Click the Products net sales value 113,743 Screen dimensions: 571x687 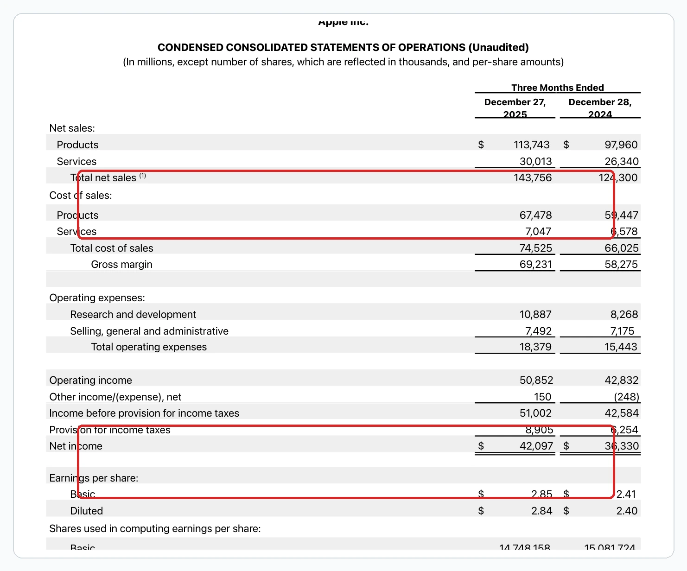pyautogui.click(x=531, y=145)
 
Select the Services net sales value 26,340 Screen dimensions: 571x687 pyautogui.click(x=621, y=161)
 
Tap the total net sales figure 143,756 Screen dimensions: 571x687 pyautogui.click(x=533, y=178)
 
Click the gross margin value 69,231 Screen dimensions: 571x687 pyautogui.click(x=535, y=264)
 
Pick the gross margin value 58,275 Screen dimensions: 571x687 pyautogui.click(x=621, y=264)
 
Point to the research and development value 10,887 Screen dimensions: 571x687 pyautogui.click(x=535, y=314)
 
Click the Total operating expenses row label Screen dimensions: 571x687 pyautogui.click(x=149, y=347)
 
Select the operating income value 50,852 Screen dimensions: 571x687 pyautogui.click(x=536, y=380)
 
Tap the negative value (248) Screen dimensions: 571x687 pyautogui.click(x=626, y=397)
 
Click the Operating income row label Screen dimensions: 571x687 pyautogui.click(x=90, y=380)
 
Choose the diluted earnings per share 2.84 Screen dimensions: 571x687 pyautogui.click(x=541, y=511)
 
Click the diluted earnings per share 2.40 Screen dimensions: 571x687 pyautogui.click(x=627, y=511)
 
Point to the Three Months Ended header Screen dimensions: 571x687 pyautogui.click(x=557, y=88)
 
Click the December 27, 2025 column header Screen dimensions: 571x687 pyautogui.click(x=515, y=108)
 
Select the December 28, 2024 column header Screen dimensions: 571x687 pyautogui.click(x=600, y=108)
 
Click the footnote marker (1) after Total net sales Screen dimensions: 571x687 pyautogui.click(x=143, y=176)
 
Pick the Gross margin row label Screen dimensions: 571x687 pyautogui.click(x=121, y=264)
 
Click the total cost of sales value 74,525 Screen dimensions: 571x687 pyautogui.click(x=535, y=248)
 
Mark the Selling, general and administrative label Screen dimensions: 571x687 pyautogui.click(x=149, y=331)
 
